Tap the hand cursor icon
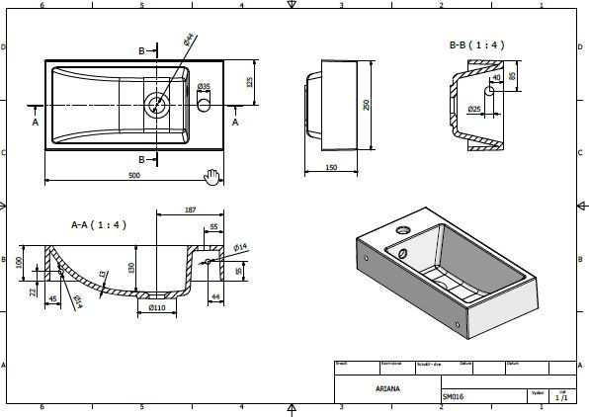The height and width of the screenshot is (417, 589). click(x=210, y=176)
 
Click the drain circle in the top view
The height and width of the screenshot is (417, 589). click(x=156, y=101)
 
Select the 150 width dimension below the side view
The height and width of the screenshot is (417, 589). click(x=332, y=168)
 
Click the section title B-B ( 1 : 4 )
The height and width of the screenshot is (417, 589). click(x=477, y=44)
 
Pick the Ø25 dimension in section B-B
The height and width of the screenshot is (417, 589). click(x=473, y=108)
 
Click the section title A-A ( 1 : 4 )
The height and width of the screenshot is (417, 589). click(x=98, y=224)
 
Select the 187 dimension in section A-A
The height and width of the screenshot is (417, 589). click(x=191, y=210)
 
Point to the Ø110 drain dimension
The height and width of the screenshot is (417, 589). click(x=157, y=308)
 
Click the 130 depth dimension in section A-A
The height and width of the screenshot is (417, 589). click(x=131, y=266)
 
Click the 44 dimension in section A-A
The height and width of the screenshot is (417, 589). click(x=216, y=296)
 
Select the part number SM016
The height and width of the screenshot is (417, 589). click(x=455, y=397)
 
